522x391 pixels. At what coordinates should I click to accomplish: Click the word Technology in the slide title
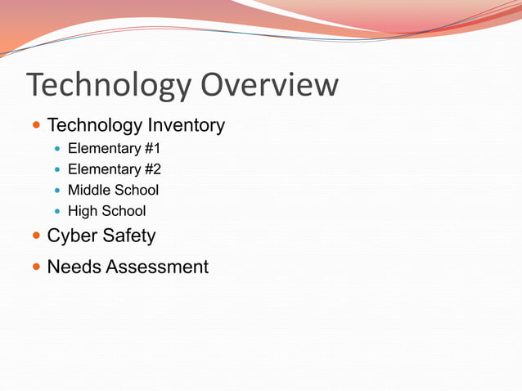click(x=109, y=85)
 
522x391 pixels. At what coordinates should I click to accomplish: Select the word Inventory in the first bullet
click(x=186, y=125)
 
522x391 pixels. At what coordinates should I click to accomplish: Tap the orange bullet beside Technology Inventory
click(x=35, y=125)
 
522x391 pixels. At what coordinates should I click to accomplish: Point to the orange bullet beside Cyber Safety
click(x=35, y=236)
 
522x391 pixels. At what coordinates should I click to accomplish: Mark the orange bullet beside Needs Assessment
click(x=35, y=267)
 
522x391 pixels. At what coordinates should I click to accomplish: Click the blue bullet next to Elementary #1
click(x=56, y=149)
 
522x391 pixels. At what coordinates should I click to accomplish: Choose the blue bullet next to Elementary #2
click(x=56, y=169)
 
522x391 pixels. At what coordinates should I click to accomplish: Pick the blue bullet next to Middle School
click(x=56, y=191)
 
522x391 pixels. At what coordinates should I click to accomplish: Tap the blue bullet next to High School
click(x=56, y=211)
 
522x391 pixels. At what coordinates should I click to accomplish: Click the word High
click(x=82, y=211)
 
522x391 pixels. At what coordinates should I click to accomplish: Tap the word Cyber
click(x=71, y=236)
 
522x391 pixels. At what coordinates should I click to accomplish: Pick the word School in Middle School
click(x=137, y=190)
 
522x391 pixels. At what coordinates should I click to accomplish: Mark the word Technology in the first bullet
click(x=94, y=125)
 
